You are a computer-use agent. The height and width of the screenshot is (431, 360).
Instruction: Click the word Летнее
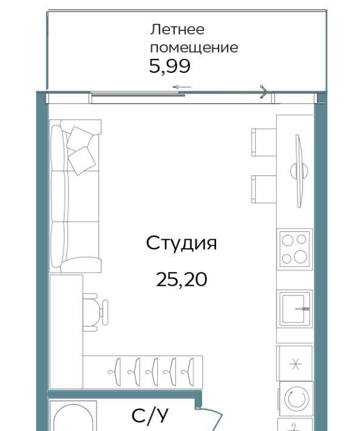[177, 29]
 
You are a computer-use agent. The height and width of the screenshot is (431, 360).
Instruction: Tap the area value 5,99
[169, 66]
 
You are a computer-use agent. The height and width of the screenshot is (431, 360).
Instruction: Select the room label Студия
[182, 243]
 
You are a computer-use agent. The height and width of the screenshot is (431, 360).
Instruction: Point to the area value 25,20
[182, 280]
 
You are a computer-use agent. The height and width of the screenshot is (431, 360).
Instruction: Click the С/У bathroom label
[150, 416]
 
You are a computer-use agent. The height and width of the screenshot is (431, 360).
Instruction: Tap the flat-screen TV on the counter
[299, 171]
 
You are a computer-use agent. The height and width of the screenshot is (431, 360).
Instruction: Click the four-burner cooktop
[294, 249]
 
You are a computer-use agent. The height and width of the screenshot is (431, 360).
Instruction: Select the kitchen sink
[294, 308]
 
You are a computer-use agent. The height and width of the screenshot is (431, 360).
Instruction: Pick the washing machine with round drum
[296, 398]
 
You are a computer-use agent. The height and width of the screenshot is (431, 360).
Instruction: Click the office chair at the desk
[95, 312]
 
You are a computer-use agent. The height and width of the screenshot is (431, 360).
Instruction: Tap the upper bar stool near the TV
[263, 143]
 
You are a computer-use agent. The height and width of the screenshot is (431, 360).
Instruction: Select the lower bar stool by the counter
[263, 189]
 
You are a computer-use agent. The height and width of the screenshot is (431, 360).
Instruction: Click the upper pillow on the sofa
[80, 138]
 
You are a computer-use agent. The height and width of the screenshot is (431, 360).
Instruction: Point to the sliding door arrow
[182, 87]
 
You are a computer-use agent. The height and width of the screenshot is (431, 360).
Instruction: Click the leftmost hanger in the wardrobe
[115, 372]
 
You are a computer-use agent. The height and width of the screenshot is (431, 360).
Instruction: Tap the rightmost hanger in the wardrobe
[188, 372]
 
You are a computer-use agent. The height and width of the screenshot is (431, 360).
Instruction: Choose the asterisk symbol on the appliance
[296, 364]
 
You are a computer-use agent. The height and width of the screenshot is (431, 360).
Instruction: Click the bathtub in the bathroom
[73, 416]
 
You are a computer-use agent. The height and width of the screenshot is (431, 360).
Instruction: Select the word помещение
[194, 48]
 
